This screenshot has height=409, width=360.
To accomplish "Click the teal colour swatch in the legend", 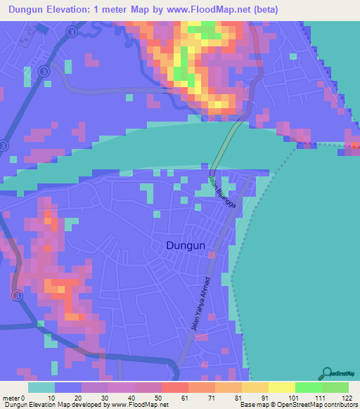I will point(41,387).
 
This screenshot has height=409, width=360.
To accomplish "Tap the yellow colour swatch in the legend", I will point(281,387).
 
